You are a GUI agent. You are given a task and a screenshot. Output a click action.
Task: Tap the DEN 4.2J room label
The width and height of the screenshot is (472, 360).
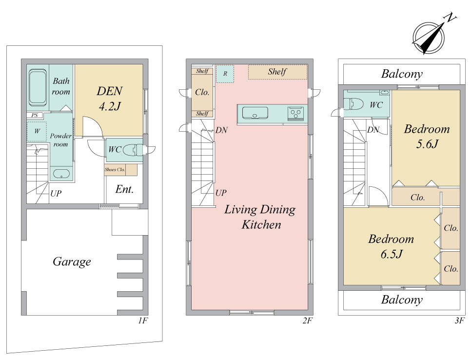tap(110, 99)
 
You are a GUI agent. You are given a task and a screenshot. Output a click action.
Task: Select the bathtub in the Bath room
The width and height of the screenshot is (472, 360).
tap(38, 87)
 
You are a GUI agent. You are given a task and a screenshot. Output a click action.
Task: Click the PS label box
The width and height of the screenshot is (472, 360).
tap(35, 115)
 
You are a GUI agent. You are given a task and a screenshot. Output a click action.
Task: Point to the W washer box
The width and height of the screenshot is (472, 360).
tap(37, 131)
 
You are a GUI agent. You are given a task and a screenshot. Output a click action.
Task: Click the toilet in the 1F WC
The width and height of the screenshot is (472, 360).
tap(133, 150)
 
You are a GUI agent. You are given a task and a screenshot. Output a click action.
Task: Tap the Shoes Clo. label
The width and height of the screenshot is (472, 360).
tap(115, 170)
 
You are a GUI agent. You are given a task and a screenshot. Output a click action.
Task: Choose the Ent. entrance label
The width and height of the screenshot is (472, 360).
tap(124, 189)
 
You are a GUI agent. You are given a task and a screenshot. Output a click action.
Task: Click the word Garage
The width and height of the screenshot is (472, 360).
tap(72, 262)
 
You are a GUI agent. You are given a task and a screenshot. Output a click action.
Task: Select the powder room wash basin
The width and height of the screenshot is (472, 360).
tap(61, 174)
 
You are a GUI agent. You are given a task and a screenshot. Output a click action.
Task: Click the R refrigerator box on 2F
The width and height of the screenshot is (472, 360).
tap(225, 74)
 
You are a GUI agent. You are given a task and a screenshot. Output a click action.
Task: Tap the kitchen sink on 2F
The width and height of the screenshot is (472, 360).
tap(255, 113)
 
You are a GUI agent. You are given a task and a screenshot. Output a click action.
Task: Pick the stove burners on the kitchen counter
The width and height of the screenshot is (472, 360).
tap(295, 113)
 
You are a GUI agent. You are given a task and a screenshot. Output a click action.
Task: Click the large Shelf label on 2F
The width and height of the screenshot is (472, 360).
tap(277, 72)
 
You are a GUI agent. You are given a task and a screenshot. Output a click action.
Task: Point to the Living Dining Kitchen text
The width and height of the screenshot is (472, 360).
tap(260, 217)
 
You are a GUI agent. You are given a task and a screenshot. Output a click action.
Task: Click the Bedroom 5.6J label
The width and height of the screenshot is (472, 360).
tap(427, 137)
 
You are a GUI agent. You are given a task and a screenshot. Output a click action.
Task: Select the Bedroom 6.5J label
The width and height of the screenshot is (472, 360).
tap(391, 246)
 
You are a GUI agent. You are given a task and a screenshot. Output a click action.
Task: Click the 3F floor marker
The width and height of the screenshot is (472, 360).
tap(459, 320)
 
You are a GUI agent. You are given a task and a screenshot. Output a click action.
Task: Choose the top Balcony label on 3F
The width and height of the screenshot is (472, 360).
tap(402, 74)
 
